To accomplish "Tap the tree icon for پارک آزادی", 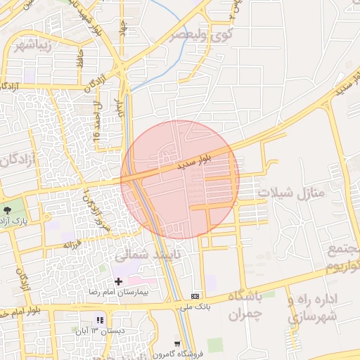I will coord(8,210).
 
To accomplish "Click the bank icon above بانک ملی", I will coord(195,295).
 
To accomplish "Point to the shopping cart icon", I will coord(177,344).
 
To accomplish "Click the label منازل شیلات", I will coord(289,192).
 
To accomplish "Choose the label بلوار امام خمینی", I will coord(18,311).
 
